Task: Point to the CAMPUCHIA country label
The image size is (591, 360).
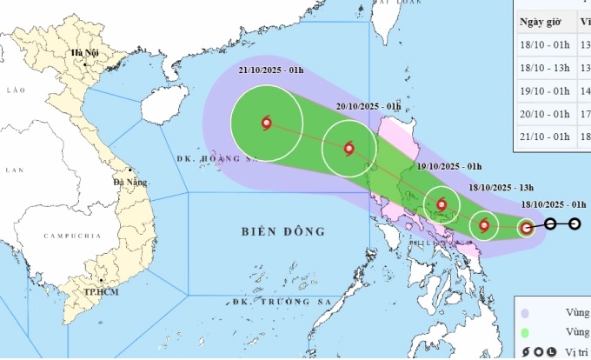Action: point(72,236)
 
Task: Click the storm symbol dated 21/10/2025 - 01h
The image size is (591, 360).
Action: point(266,123)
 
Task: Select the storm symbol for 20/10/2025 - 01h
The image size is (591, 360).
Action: point(349,148)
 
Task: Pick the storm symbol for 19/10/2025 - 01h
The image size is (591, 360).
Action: point(442,206)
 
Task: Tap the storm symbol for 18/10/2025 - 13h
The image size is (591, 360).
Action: point(484,227)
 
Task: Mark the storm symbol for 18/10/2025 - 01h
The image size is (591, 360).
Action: point(526,229)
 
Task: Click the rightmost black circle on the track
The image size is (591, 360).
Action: point(574,225)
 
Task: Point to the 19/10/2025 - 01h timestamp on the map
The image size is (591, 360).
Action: point(448,165)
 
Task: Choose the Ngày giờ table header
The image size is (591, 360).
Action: point(541,23)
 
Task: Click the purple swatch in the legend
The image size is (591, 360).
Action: point(525,311)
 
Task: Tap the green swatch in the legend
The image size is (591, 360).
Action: point(525,331)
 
